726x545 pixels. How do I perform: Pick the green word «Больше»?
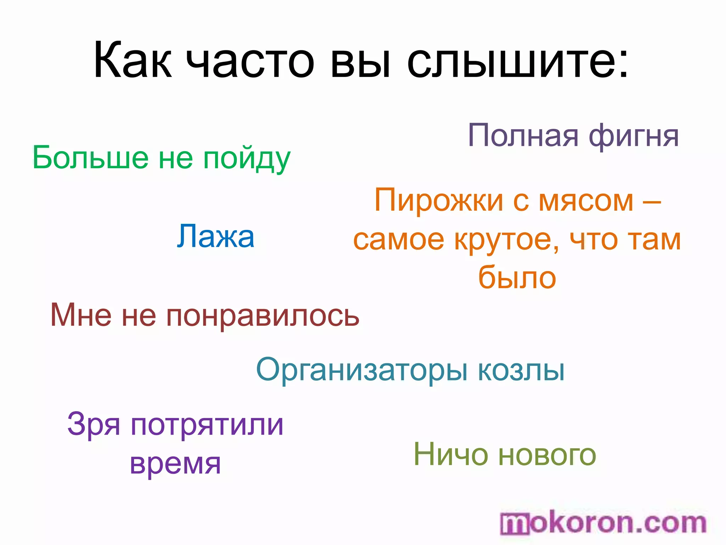coord(90,158)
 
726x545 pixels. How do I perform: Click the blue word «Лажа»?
coord(216,236)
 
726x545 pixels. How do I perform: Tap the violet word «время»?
coord(175,463)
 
